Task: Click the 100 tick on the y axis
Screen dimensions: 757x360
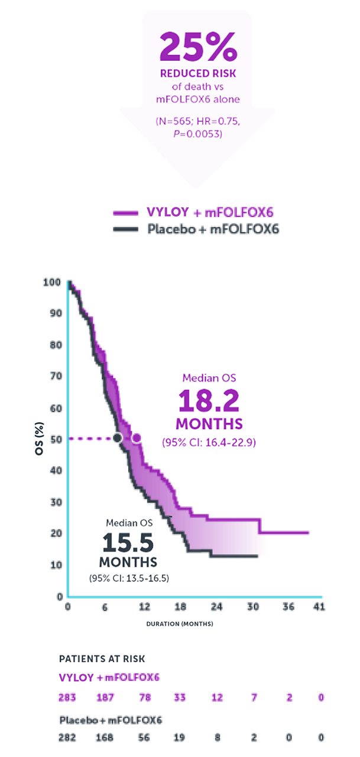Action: pyautogui.click(x=51, y=283)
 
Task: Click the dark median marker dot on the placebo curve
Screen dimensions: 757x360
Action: pyautogui.click(x=118, y=438)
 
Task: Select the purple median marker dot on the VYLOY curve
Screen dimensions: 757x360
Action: pyautogui.click(x=137, y=438)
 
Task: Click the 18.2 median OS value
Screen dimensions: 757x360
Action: pyautogui.click(x=209, y=403)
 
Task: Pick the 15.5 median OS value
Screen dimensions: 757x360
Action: pyautogui.click(x=128, y=544)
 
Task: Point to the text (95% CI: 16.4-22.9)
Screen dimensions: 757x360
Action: pyautogui.click(x=209, y=442)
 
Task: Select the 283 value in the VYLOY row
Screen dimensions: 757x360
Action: pyautogui.click(x=69, y=698)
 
